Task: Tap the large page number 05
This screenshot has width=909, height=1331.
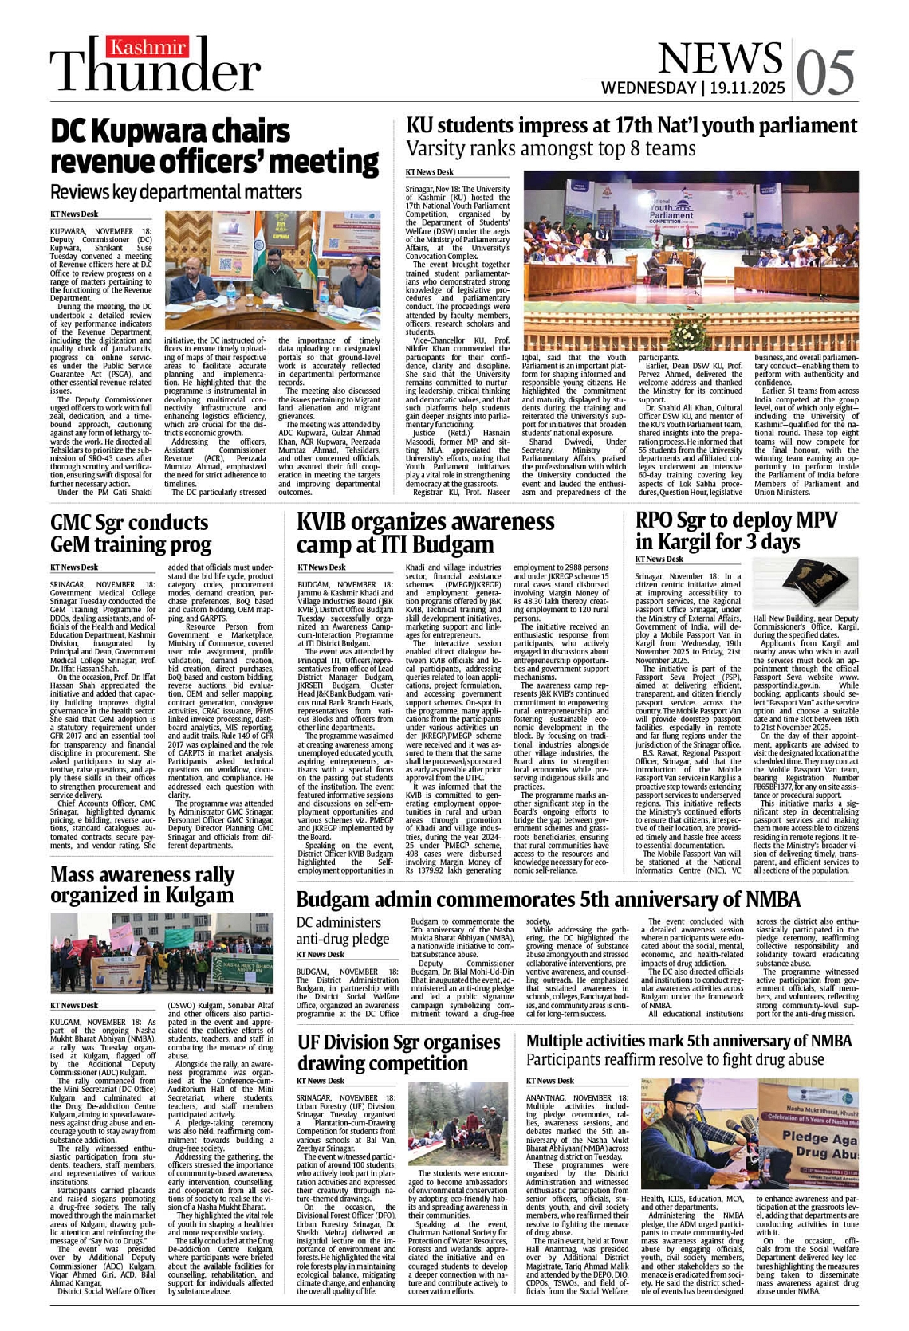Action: pyautogui.click(x=824, y=73)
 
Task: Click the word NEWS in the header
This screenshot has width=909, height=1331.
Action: pyautogui.click(x=720, y=57)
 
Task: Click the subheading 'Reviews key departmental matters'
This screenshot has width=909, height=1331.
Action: pyautogui.click(x=176, y=192)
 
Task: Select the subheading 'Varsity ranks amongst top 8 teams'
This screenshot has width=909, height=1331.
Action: pyautogui.click(x=551, y=149)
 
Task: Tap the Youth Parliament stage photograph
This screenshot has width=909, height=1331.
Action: pyautogui.click(x=691, y=260)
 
